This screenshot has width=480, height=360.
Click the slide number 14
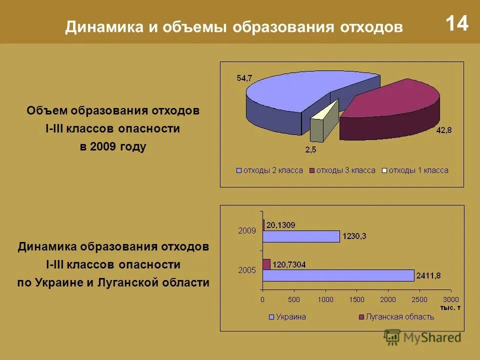tap(456, 23)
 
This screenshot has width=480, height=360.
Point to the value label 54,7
tap(244, 77)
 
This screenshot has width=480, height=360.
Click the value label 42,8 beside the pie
tap(443, 130)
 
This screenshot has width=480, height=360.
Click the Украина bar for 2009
tap(301, 236)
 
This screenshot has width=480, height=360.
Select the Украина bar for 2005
tap(338, 275)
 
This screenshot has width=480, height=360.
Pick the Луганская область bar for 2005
tap(266, 264)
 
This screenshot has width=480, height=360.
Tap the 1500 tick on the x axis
tap(356, 299)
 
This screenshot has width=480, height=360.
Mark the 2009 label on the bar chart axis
tap(247, 231)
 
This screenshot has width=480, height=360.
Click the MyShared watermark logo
tap(422, 337)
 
